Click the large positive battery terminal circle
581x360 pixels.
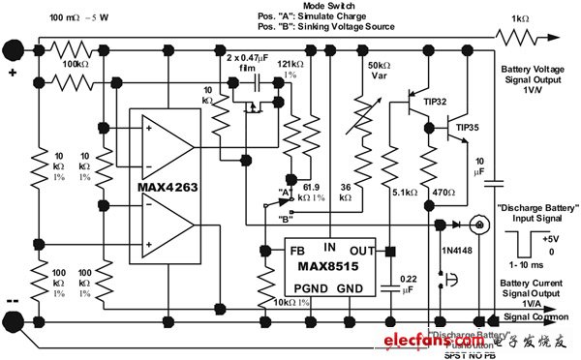pyautogui.click(x=15, y=45)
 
